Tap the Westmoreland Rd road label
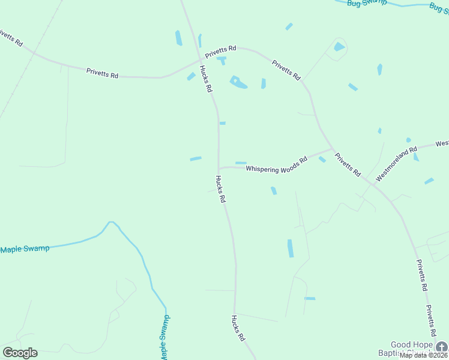(x=396, y=163)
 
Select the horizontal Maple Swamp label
(x=25, y=248)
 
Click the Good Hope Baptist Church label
(x=411, y=348)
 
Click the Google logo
(x=20, y=353)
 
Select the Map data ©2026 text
(x=424, y=355)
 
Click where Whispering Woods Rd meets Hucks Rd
(x=218, y=168)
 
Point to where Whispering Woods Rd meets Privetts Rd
(x=332, y=149)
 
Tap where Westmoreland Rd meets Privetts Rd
(x=372, y=184)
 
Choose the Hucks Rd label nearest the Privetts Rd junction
(x=206, y=79)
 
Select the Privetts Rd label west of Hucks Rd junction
(x=102, y=73)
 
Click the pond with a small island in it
(x=238, y=82)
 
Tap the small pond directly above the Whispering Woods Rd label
(x=241, y=163)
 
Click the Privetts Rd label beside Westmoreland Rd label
(x=348, y=164)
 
